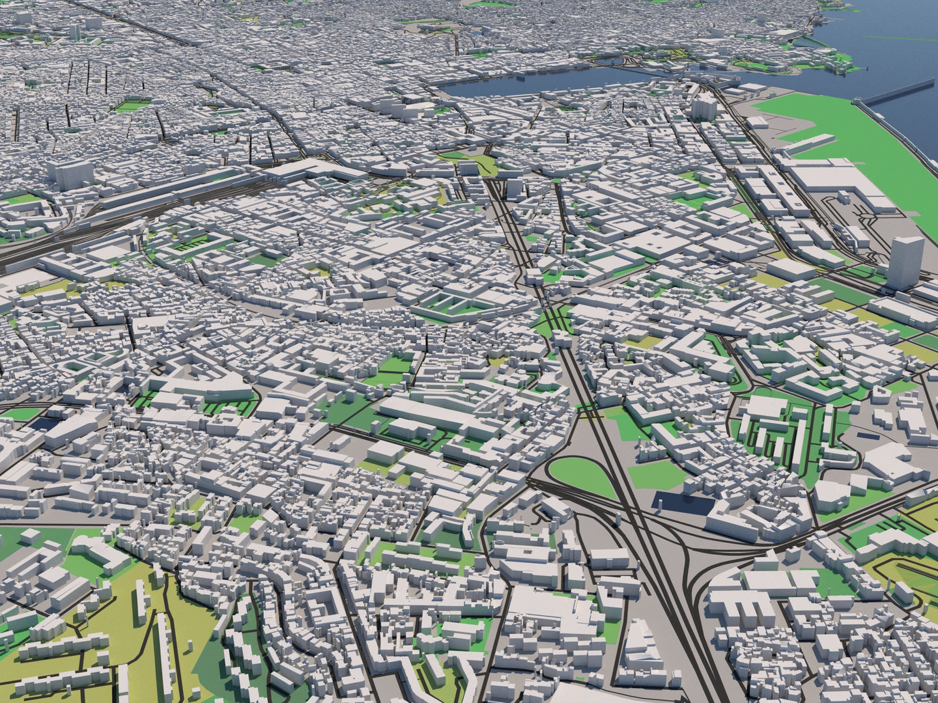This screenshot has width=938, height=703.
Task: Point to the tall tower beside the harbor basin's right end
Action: pyautogui.click(x=703, y=107)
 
